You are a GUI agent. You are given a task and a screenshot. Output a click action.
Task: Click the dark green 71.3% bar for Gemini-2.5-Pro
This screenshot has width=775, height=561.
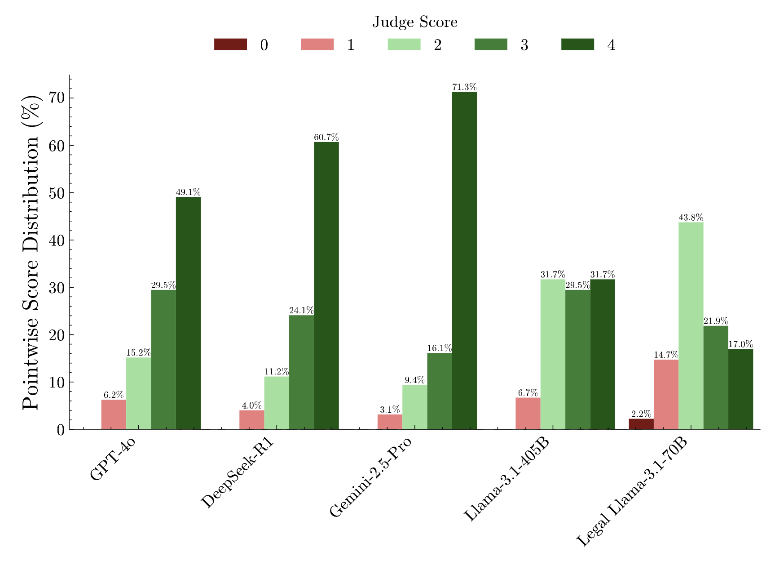click(464, 261)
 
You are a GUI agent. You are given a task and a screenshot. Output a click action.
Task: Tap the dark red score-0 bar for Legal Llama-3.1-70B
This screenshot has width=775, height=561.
click(641, 424)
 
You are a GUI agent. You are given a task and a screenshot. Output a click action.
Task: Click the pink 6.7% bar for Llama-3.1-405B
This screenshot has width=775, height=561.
click(528, 414)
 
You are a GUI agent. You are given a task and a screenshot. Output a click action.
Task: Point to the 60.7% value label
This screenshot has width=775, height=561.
click(326, 138)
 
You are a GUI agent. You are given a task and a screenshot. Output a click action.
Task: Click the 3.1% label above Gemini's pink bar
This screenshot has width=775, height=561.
click(389, 410)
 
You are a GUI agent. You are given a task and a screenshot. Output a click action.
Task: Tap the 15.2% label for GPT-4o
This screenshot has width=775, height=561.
click(138, 353)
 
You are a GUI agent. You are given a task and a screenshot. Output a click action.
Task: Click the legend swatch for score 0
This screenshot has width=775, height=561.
click(230, 45)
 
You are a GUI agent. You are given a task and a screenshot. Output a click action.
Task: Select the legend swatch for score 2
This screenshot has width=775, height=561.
click(404, 45)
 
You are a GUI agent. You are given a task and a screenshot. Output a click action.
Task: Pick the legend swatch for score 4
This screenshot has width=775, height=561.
click(577, 45)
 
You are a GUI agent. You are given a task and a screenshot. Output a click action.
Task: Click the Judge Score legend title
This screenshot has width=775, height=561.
click(414, 22)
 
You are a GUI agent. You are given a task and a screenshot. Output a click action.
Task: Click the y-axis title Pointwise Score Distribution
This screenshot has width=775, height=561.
click(31, 252)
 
